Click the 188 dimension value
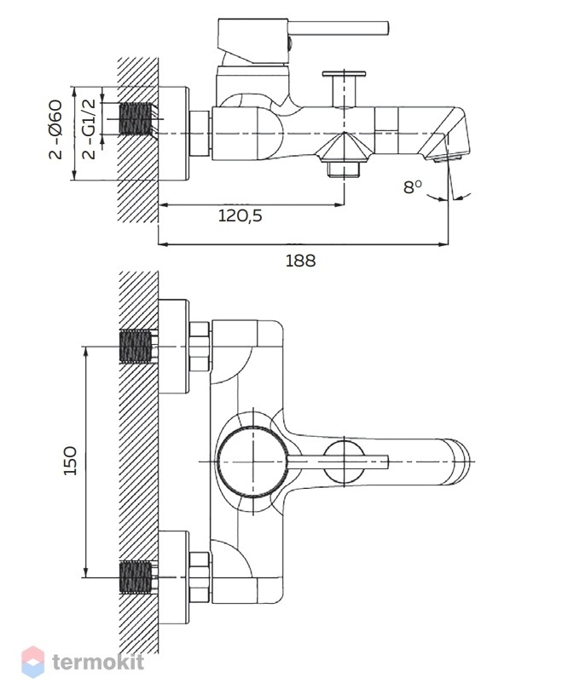300,261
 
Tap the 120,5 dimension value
241,216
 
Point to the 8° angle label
413,186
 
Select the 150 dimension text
70,460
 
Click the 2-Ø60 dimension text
55,129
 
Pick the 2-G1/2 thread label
90,129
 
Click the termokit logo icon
33,662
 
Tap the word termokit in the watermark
98,662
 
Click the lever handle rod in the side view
339,28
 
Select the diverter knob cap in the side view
344,73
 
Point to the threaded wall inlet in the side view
136,118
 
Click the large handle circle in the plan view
252,462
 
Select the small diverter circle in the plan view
344,462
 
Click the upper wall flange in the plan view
174,347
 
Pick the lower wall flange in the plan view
174,577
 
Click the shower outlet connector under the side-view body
344,169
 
